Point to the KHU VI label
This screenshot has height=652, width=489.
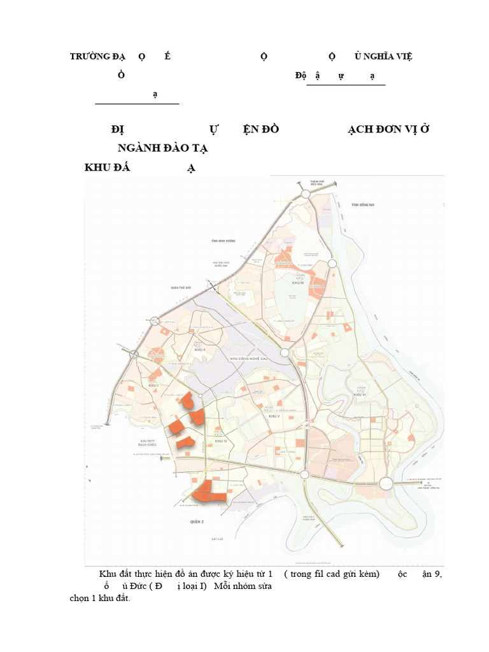361,395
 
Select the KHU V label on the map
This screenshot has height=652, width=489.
274,416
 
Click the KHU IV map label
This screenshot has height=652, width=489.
221,441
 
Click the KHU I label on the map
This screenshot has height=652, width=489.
153,386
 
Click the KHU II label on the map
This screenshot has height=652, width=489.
199,350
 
